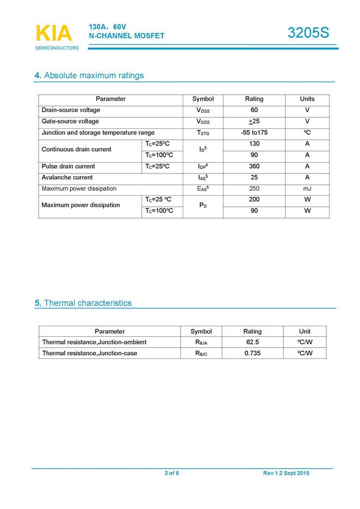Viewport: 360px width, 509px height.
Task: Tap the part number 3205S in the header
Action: point(308,33)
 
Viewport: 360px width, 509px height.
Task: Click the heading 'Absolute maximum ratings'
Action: point(94,75)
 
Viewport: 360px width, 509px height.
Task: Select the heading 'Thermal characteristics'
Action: point(87,303)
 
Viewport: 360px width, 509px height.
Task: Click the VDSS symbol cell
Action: point(203,110)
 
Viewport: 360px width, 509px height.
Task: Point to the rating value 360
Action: point(254,166)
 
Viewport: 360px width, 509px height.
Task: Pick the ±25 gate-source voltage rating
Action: point(254,121)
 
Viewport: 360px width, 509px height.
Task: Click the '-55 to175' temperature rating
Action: point(254,133)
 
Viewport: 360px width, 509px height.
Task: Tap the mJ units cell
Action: point(307,189)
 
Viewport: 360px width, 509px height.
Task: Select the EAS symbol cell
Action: point(203,189)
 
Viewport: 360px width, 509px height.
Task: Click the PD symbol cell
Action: point(202,206)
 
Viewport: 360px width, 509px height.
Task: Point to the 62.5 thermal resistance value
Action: point(252,342)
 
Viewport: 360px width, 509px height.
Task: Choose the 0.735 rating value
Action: point(252,353)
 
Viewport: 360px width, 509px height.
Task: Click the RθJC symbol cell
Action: point(201,353)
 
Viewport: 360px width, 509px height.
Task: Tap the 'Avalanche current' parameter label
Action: point(67,177)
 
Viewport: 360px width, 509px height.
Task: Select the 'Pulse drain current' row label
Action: point(69,166)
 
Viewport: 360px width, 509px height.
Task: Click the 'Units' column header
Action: point(307,99)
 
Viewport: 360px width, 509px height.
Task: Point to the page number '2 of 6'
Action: point(172,474)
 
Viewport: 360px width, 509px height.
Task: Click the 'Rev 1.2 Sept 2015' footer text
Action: point(286,474)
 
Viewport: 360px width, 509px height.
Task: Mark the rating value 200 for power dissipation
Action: point(254,200)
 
